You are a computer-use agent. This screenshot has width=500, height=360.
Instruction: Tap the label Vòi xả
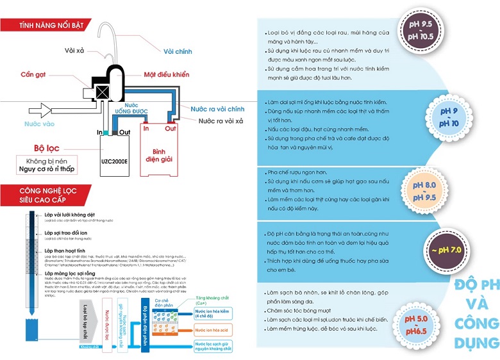[76, 50]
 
